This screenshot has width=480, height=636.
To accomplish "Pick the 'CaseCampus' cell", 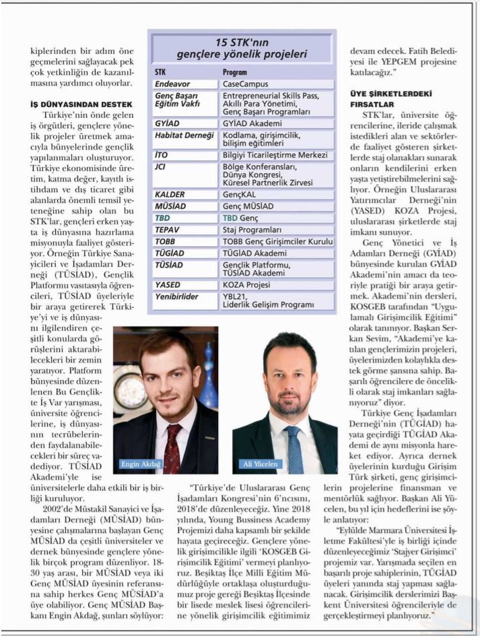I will [x=246, y=84].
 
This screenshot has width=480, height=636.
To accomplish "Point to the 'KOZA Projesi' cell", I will [x=248, y=285].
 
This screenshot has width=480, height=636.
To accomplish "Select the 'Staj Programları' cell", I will [x=253, y=230].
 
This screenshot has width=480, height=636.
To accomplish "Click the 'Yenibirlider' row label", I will [x=176, y=297].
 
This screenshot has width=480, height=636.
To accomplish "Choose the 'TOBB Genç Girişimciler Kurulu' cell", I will [x=277, y=241].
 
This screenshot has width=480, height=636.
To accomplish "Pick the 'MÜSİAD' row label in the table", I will [x=170, y=206].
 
